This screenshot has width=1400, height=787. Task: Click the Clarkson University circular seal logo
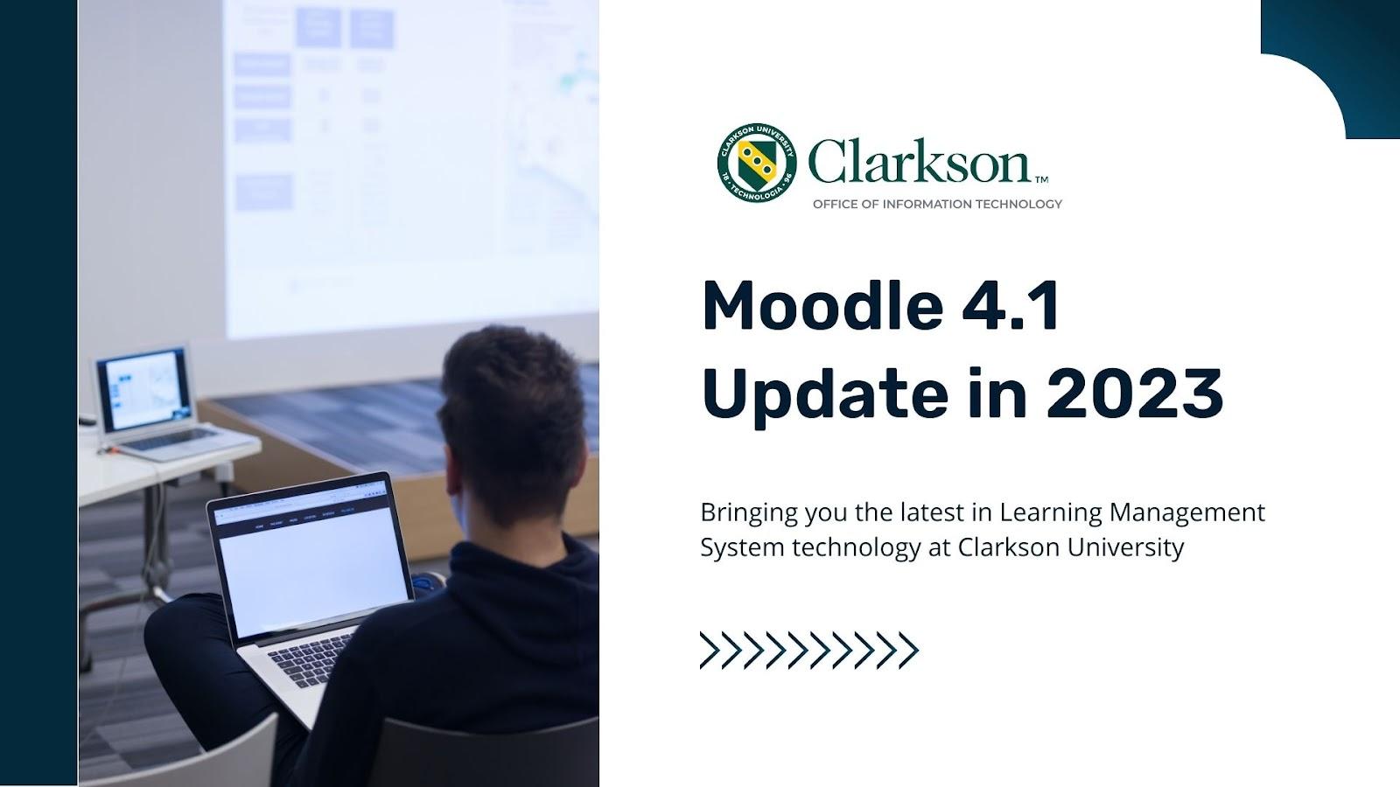(x=757, y=163)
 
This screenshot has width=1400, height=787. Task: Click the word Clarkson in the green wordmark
(x=919, y=161)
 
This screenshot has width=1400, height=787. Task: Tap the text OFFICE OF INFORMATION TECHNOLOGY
(x=937, y=205)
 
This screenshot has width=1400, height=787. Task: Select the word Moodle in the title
(x=822, y=305)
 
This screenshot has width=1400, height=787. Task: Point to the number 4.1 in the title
(x=1010, y=305)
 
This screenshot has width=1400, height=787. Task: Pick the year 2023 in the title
(x=1134, y=393)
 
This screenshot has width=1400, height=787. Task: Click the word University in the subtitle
(x=1125, y=548)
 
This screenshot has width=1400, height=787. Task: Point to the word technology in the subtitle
(x=857, y=548)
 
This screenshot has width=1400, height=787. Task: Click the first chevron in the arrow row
(x=710, y=651)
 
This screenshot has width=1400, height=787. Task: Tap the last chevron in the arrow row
(x=909, y=651)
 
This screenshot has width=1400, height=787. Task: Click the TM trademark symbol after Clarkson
(x=1041, y=180)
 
